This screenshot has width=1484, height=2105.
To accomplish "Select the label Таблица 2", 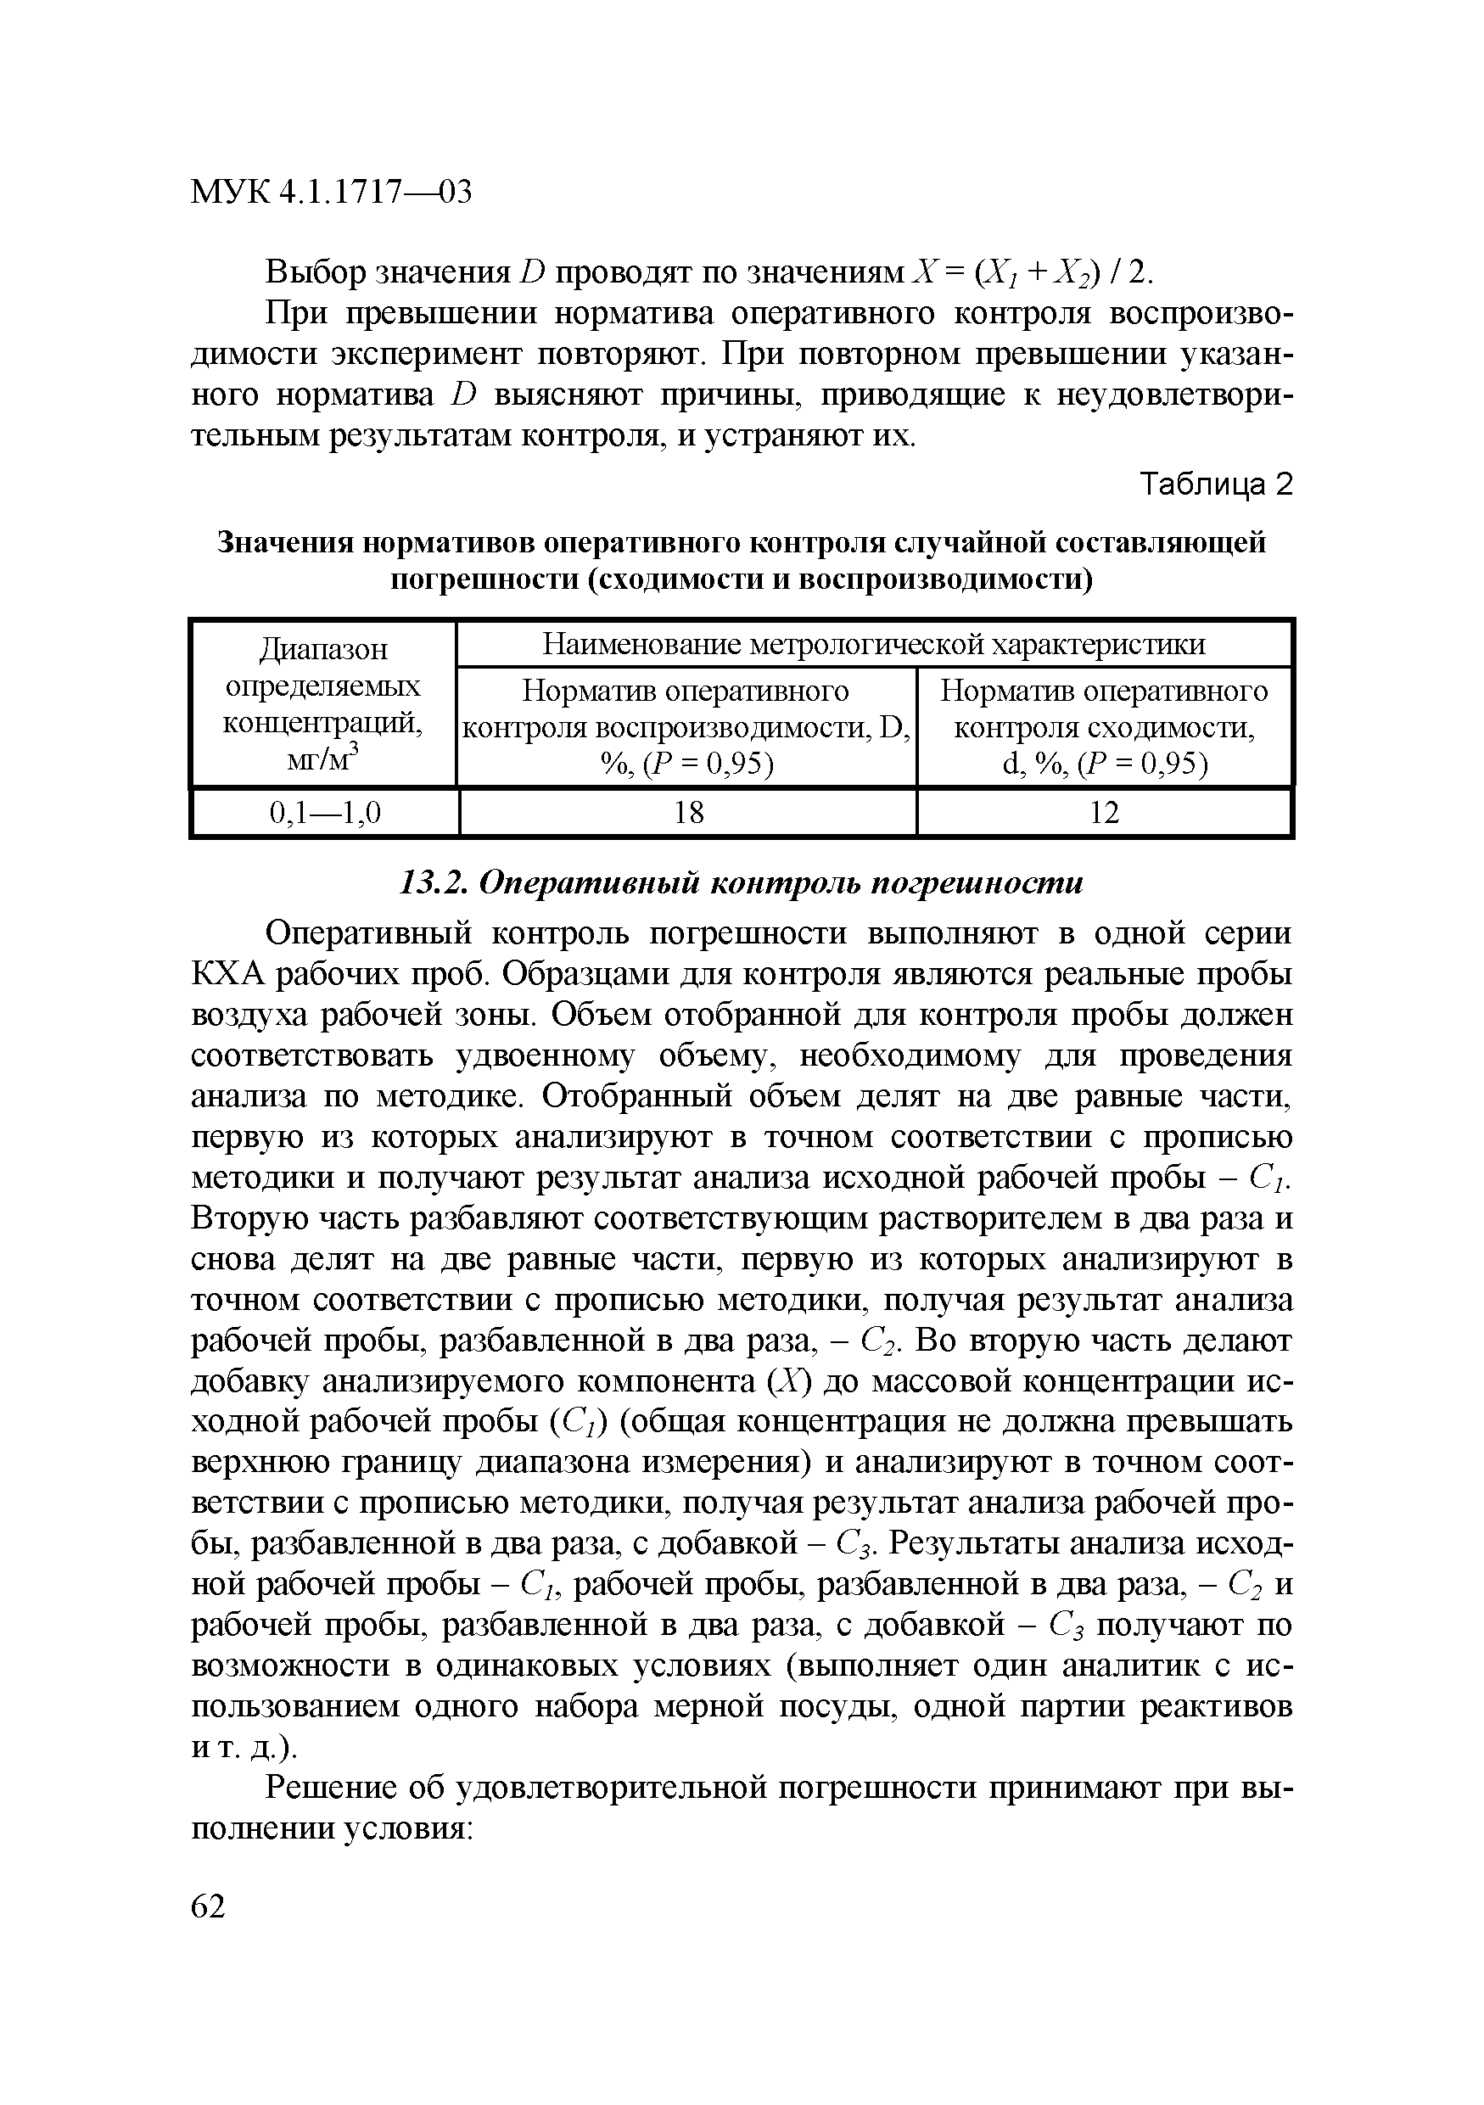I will pyautogui.click(x=1214, y=484).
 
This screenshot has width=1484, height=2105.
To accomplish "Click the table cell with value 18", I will pyautogui.click(x=688, y=812).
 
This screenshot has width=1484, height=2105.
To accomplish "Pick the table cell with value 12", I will pyautogui.click(x=1104, y=812).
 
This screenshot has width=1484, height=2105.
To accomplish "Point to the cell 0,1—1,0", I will pyautogui.click(x=324, y=812).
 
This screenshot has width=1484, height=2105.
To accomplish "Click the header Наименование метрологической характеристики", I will pyautogui.click(x=874, y=645).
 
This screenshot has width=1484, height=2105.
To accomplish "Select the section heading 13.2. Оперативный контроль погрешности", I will pyautogui.click(x=742, y=882).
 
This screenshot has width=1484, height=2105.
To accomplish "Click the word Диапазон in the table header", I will pyautogui.click(x=323, y=649).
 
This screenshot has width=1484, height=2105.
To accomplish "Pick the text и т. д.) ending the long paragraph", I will pyautogui.click(x=244, y=1748).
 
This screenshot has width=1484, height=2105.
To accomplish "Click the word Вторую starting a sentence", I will pyautogui.click(x=244, y=1219).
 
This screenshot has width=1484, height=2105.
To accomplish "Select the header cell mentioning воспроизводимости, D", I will pyautogui.click(x=686, y=727).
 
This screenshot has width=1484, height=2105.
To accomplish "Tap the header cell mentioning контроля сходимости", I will pyautogui.click(x=1104, y=727).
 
